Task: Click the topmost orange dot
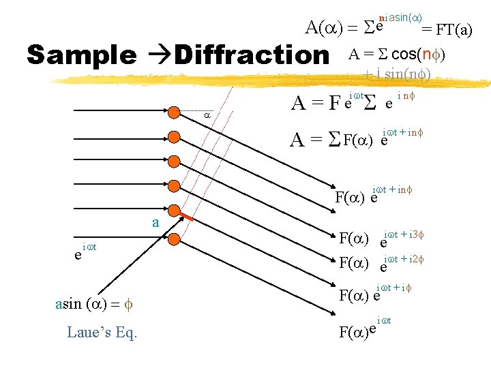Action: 174,115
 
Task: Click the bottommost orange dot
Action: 174,239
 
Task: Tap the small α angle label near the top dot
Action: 208,116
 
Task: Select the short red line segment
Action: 183,217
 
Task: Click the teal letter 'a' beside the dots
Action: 155,222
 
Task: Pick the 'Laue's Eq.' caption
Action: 102,333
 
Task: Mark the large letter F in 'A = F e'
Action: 334,104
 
